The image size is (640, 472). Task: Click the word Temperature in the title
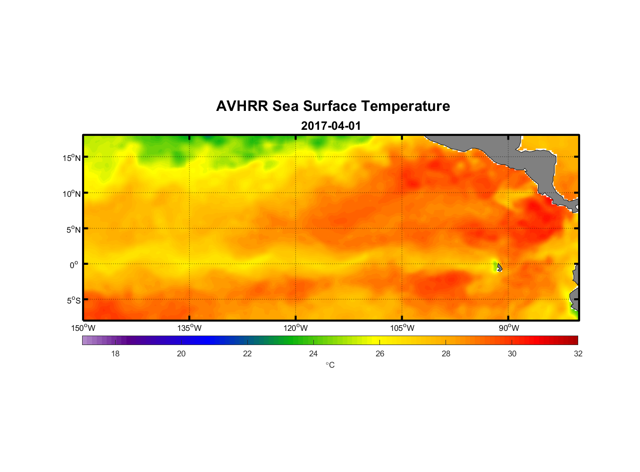(x=405, y=106)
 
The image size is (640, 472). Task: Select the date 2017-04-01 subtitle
(x=331, y=126)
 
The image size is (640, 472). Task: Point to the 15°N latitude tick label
(x=72, y=158)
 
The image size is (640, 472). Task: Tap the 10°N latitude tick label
(x=72, y=194)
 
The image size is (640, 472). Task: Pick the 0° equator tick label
(x=74, y=265)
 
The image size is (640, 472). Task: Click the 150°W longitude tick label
(x=84, y=328)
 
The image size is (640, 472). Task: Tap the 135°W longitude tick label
(x=190, y=328)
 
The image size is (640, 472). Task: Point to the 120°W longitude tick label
(x=296, y=328)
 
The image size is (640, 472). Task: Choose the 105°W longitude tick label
(x=402, y=328)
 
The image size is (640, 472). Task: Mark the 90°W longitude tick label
(x=509, y=328)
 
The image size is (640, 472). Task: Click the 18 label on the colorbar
(x=115, y=354)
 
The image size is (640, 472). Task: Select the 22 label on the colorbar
(x=247, y=354)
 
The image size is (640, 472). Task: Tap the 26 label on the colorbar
(x=380, y=354)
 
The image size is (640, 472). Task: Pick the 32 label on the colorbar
(x=578, y=354)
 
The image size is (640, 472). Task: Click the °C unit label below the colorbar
(x=330, y=365)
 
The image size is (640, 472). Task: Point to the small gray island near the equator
(x=499, y=268)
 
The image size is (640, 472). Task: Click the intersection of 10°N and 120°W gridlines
(x=296, y=193)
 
